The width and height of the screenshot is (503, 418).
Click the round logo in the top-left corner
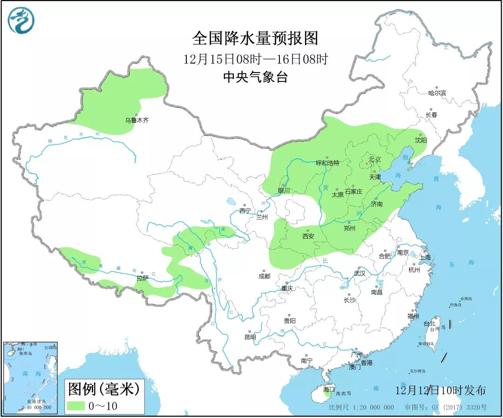tap(21, 20)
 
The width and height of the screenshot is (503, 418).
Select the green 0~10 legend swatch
tap(75, 405)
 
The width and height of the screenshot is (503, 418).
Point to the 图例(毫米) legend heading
tap(103, 388)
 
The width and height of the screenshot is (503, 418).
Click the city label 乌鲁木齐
tap(136, 120)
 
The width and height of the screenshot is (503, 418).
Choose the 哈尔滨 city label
tap(437, 93)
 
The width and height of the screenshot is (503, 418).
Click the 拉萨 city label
tap(142, 279)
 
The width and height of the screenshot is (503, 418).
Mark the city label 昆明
tap(250, 337)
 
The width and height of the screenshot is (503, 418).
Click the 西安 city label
tap(308, 236)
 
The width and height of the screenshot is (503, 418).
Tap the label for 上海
tap(425, 257)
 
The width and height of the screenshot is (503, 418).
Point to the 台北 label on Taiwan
tap(429, 323)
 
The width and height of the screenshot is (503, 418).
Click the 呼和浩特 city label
tap(327, 163)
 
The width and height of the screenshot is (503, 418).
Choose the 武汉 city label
tap(360, 273)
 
